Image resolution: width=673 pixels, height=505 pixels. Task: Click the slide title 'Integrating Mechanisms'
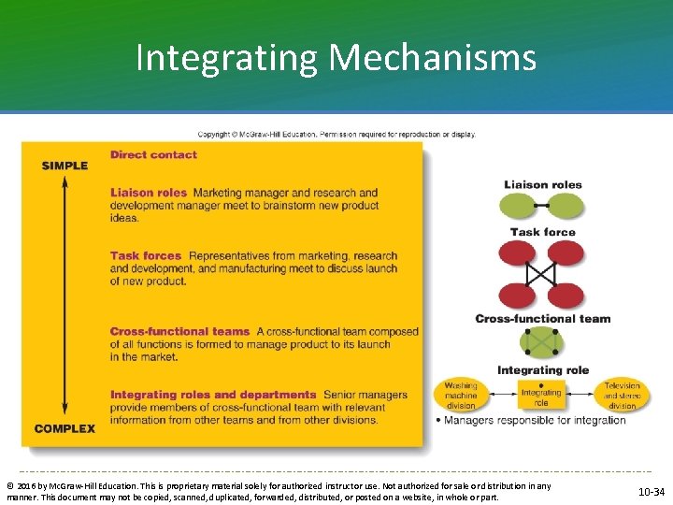tap(336, 58)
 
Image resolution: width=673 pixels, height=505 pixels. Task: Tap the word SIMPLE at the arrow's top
tap(64, 166)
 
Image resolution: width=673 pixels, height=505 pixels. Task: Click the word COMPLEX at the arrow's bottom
tap(64, 428)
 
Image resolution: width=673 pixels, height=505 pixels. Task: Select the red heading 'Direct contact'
tap(153, 154)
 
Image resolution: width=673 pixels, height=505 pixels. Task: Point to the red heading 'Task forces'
tap(146, 255)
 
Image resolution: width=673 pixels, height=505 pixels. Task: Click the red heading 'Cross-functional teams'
tap(180, 331)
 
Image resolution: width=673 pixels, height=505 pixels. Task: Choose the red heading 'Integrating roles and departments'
tap(213, 395)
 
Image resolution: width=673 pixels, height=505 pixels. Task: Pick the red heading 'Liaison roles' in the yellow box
tap(149, 193)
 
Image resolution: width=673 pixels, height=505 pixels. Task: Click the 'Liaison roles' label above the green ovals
tap(543, 184)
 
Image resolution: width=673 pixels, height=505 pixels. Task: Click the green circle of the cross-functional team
tap(542, 341)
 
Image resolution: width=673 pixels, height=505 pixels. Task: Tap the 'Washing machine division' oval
tap(461, 396)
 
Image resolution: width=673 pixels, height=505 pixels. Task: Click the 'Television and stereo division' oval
tap(622, 396)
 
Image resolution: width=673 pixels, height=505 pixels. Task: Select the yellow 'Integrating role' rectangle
tap(541, 397)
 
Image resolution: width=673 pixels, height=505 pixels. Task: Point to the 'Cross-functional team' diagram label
tap(542, 318)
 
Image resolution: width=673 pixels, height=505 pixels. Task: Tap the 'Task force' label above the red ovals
tap(543, 231)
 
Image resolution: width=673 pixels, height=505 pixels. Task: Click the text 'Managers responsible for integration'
tap(535, 420)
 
